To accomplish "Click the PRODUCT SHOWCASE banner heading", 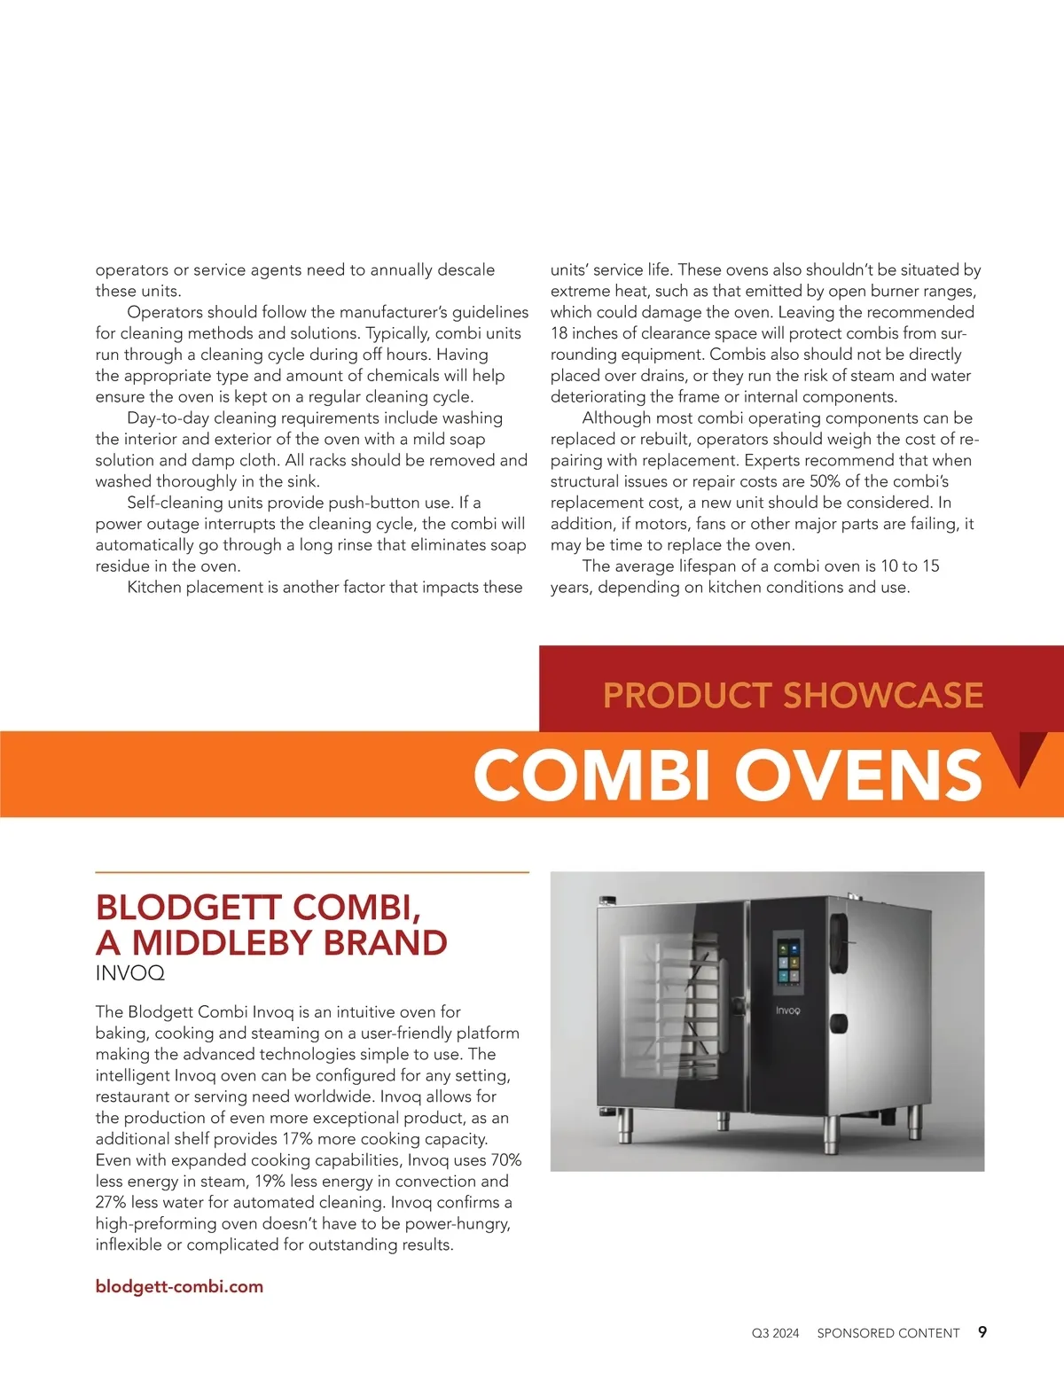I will point(793,695).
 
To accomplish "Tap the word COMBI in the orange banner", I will point(593,775).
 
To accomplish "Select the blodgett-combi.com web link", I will point(179,1286).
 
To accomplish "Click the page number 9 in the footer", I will point(982,1331).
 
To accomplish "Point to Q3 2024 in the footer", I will point(775,1333).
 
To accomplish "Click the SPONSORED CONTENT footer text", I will point(888,1333).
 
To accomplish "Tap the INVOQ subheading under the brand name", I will point(129,973).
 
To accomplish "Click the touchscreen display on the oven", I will point(787,959).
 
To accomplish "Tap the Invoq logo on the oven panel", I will point(787,1010).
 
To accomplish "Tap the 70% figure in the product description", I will point(505,1160).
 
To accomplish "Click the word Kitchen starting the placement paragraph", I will point(154,587).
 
